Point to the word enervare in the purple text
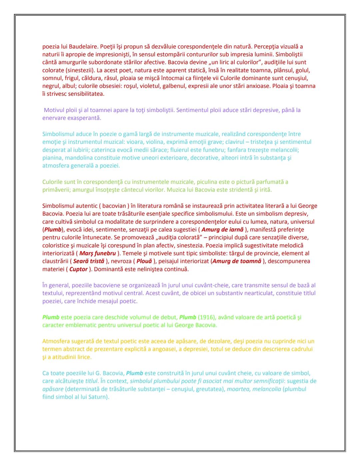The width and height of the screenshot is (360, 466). pyautogui.click(x=54, y=118)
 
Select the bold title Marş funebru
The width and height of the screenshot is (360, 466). pyautogui.click(x=98, y=253)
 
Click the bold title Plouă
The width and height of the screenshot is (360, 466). pyautogui.click(x=144, y=261)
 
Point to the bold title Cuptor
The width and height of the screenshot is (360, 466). pyautogui.click(x=78, y=269)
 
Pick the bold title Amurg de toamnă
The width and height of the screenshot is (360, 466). pyautogui.click(x=237, y=261)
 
